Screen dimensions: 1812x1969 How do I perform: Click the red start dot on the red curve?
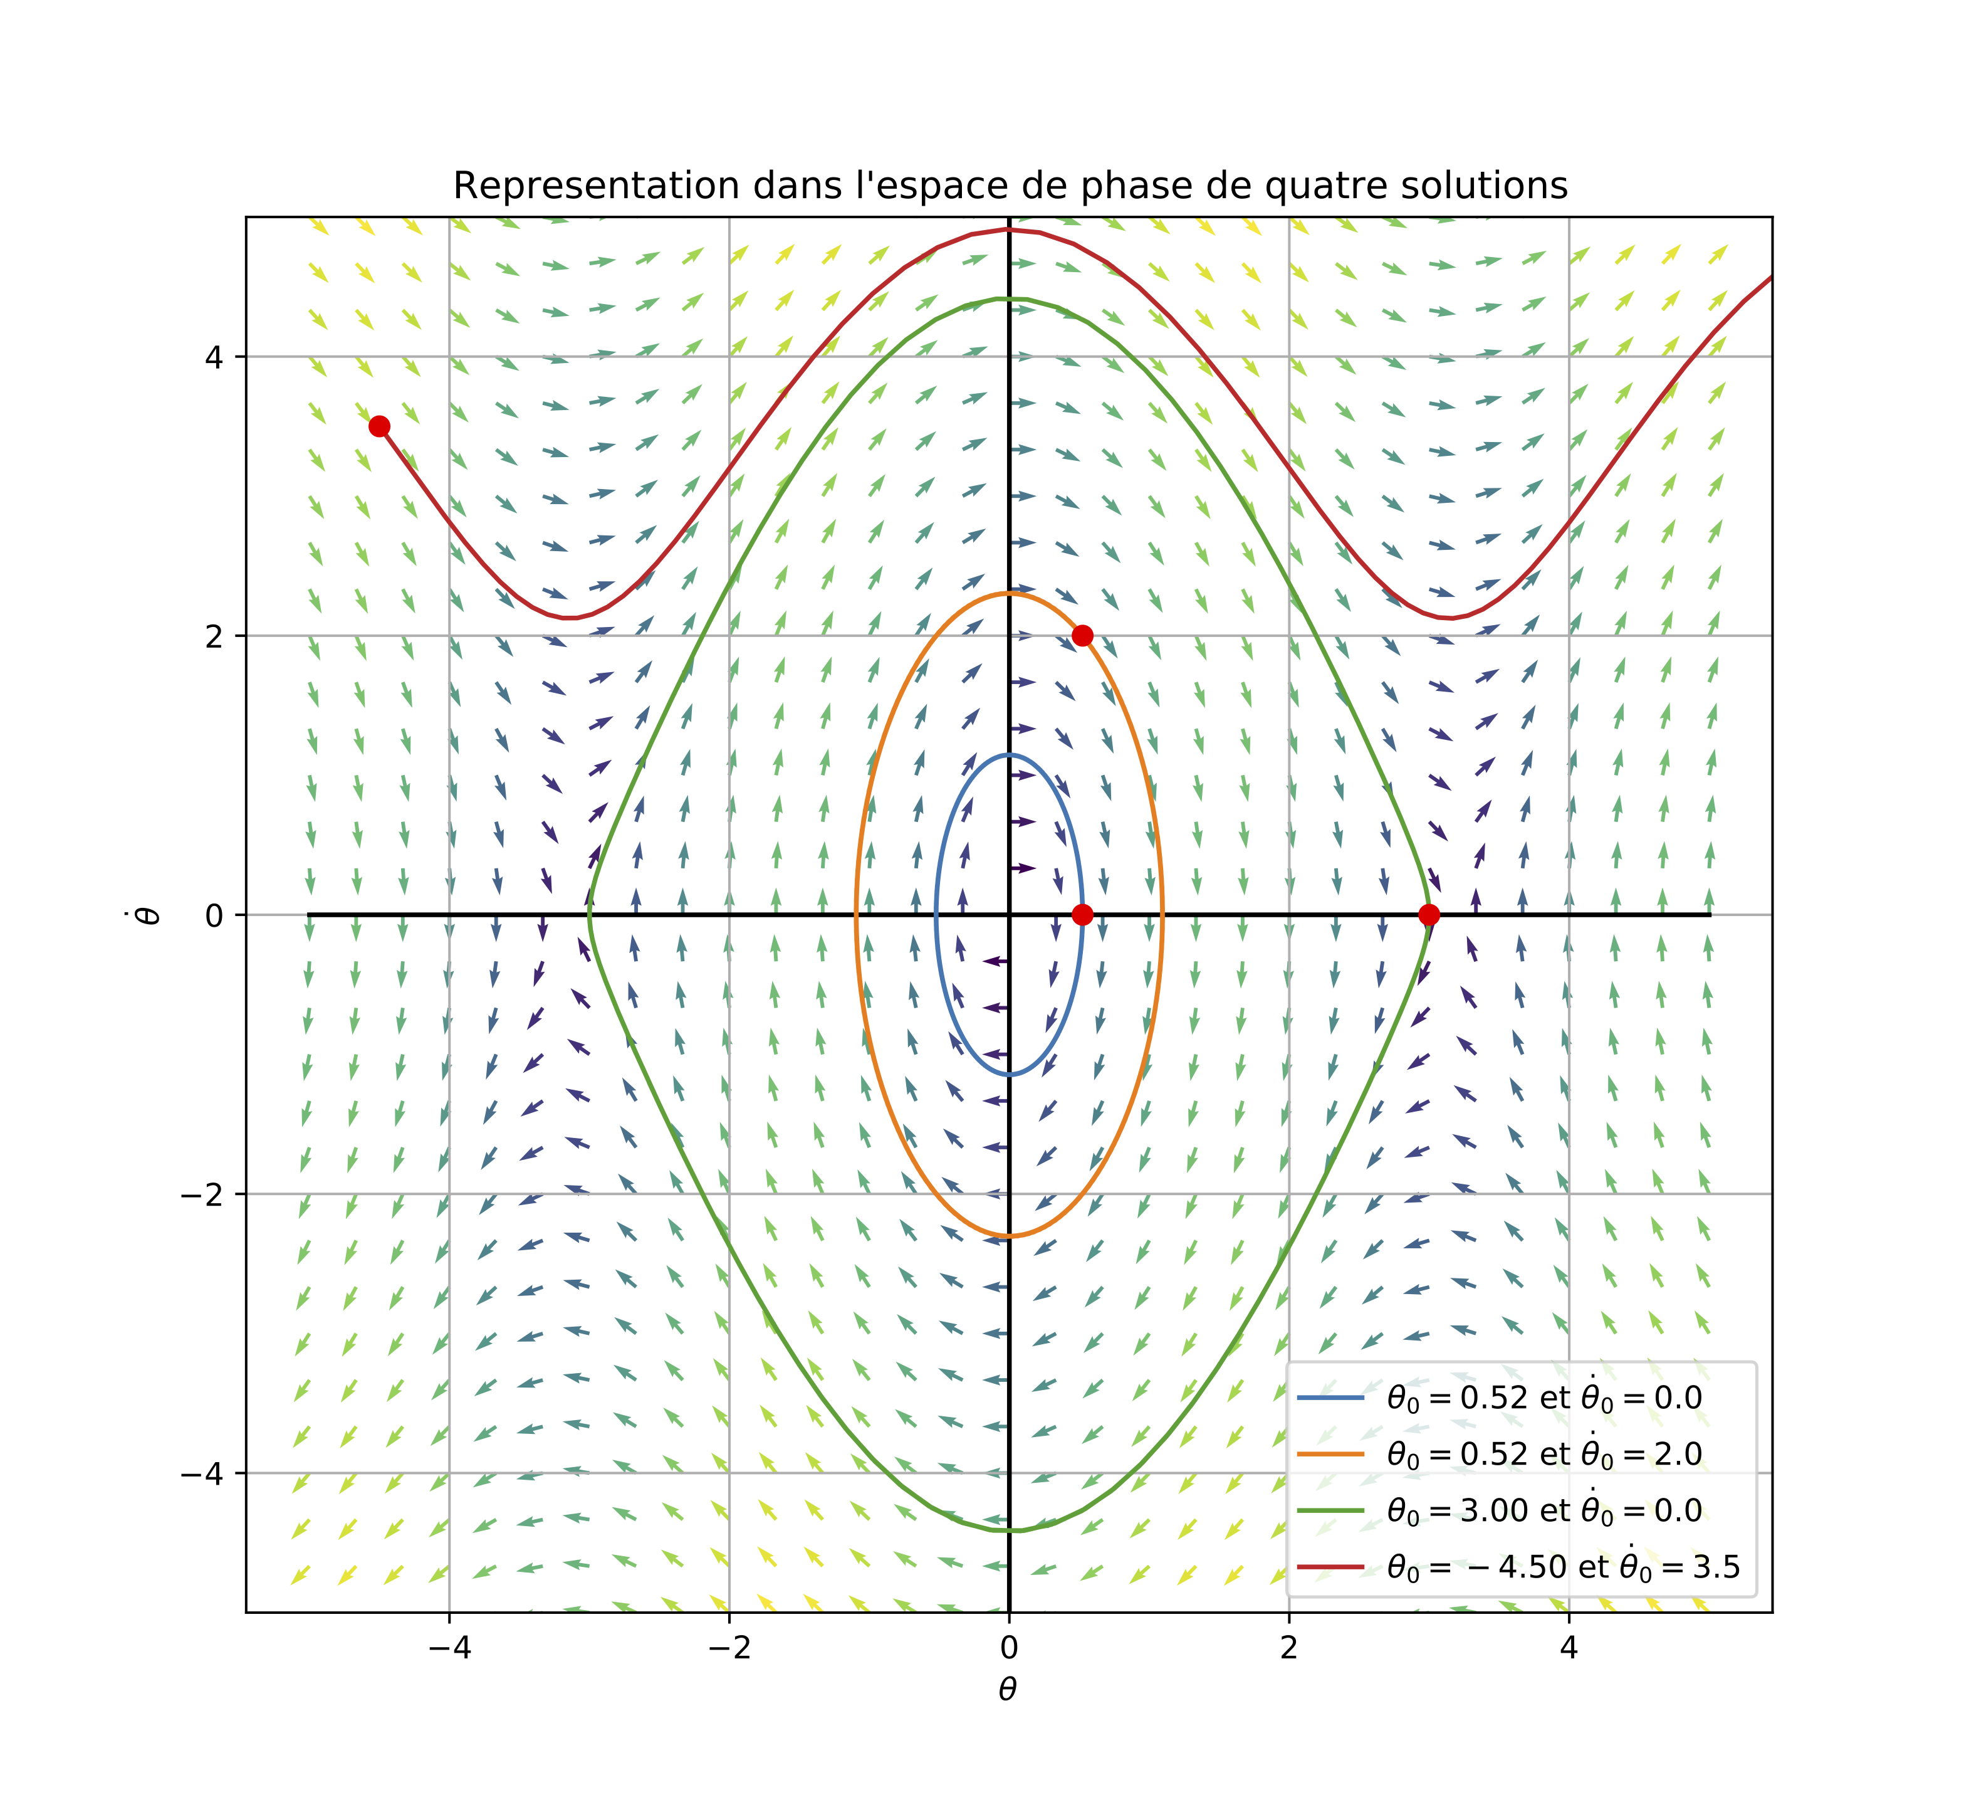tap(379, 426)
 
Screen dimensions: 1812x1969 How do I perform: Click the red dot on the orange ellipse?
tap(1082, 635)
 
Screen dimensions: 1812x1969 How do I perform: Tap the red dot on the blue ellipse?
tap(1082, 915)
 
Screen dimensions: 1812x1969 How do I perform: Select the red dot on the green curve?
tap(1429, 915)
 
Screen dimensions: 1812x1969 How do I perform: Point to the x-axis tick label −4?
tap(449, 1648)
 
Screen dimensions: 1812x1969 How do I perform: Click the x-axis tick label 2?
tap(1289, 1648)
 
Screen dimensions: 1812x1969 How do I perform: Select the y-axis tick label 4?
tap(212, 357)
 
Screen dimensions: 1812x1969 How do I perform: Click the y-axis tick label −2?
tap(202, 1194)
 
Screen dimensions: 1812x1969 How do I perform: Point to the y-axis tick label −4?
tap(202, 1473)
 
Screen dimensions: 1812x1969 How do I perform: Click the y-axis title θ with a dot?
tap(148, 915)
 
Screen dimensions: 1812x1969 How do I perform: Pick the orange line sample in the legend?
tap(1330, 1454)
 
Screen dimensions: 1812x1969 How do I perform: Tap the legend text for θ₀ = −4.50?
tap(1564, 1567)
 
